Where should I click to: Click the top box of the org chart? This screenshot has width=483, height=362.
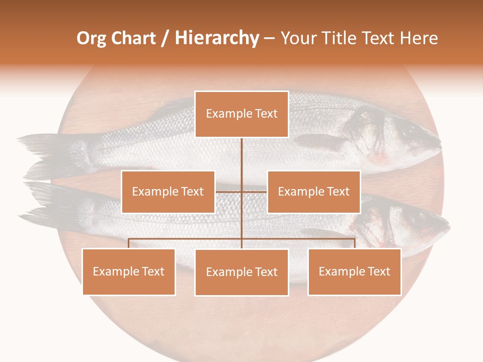(x=242, y=114)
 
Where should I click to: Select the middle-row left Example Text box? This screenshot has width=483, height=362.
(x=168, y=192)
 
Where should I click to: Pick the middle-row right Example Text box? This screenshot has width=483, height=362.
(x=313, y=192)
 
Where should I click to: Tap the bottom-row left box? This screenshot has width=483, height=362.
(x=129, y=271)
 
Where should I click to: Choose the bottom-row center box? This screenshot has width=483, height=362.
(x=242, y=272)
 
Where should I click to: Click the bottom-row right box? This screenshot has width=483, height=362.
(x=355, y=271)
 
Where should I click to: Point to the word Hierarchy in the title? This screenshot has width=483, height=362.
(x=217, y=39)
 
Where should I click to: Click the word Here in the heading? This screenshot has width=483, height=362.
(x=419, y=39)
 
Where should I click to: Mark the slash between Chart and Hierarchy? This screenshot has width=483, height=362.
(x=165, y=39)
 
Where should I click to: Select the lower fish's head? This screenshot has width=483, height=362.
(x=418, y=221)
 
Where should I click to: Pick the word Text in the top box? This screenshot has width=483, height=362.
(x=266, y=114)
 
